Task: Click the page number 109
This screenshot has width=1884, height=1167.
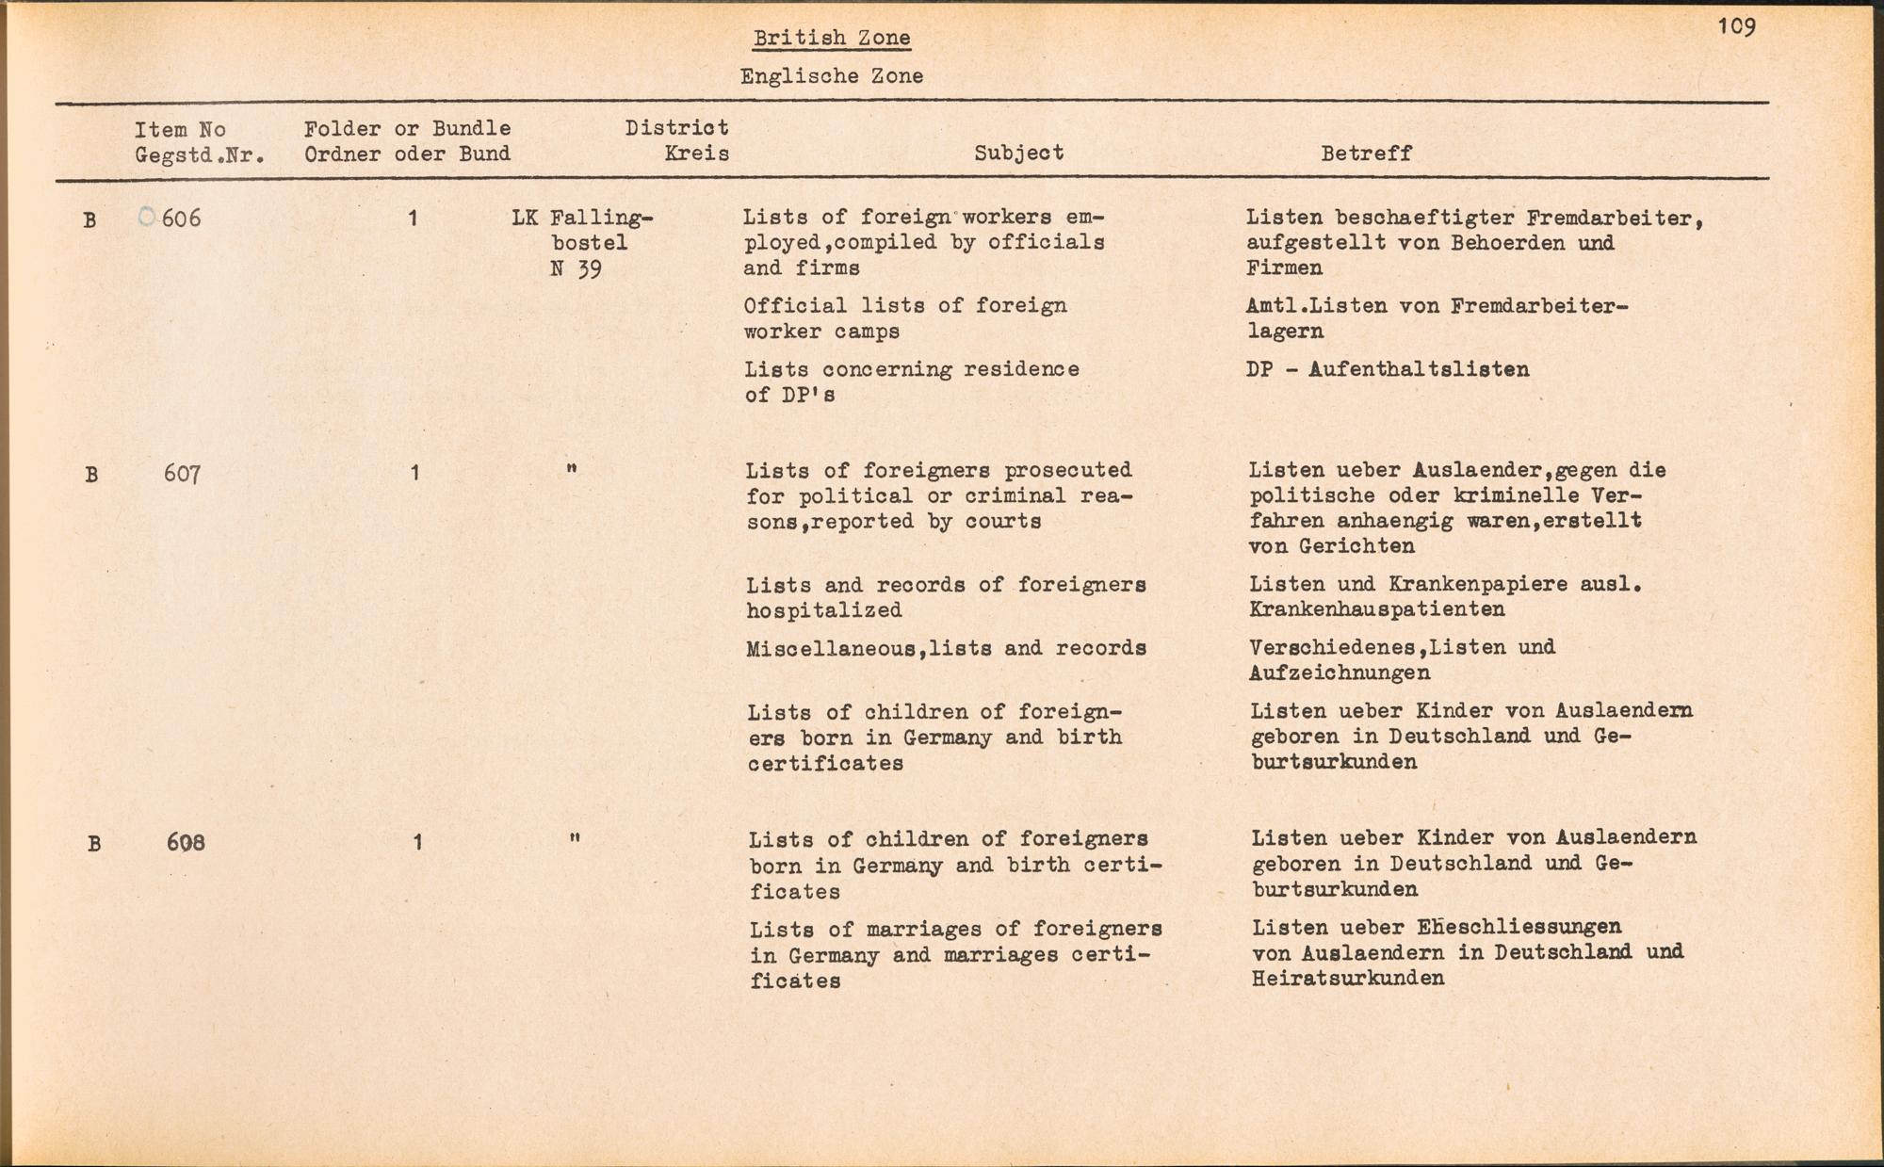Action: (x=1736, y=26)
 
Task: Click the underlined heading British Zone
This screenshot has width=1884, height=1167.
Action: (x=832, y=39)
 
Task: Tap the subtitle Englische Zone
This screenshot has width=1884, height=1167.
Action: (x=831, y=76)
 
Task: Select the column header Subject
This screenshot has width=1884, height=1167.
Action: (x=1018, y=153)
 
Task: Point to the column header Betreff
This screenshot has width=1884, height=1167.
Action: (x=1366, y=154)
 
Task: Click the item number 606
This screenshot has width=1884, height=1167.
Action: (x=181, y=219)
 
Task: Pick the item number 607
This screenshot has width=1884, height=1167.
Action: (x=182, y=474)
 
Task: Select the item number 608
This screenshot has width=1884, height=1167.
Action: (x=186, y=843)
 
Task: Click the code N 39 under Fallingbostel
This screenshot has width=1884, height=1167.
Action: (x=576, y=269)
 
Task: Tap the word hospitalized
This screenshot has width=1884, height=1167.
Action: (x=824, y=610)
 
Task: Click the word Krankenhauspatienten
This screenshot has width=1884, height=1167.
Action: (x=1376, y=609)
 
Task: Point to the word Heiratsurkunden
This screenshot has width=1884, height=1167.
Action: (x=1348, y=978)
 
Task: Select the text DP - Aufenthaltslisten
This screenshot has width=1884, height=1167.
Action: (x=1388, y=369)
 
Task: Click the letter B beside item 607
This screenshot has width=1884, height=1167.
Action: (x=91, y=475)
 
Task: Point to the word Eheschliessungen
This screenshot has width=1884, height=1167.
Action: (x=1519, y=927)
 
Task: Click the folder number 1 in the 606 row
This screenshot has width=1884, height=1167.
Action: (x=413, y=219)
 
